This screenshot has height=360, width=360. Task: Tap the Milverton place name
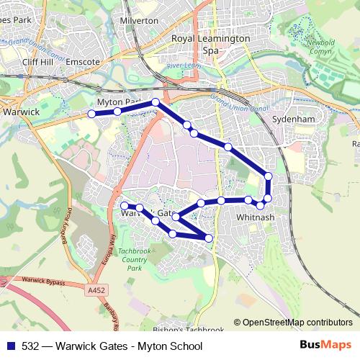pos(140,21)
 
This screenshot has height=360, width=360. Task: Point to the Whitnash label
pos(255,216)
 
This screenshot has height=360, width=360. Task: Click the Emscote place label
pos(81,63)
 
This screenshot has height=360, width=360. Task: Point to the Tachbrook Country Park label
pos(135,258)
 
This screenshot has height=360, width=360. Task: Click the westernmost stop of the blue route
pos(91,114)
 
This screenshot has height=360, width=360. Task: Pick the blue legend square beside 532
pos(9,346)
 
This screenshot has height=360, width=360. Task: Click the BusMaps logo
pos(324,345)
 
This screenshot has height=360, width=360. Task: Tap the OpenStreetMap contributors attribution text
pos(297,323)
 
